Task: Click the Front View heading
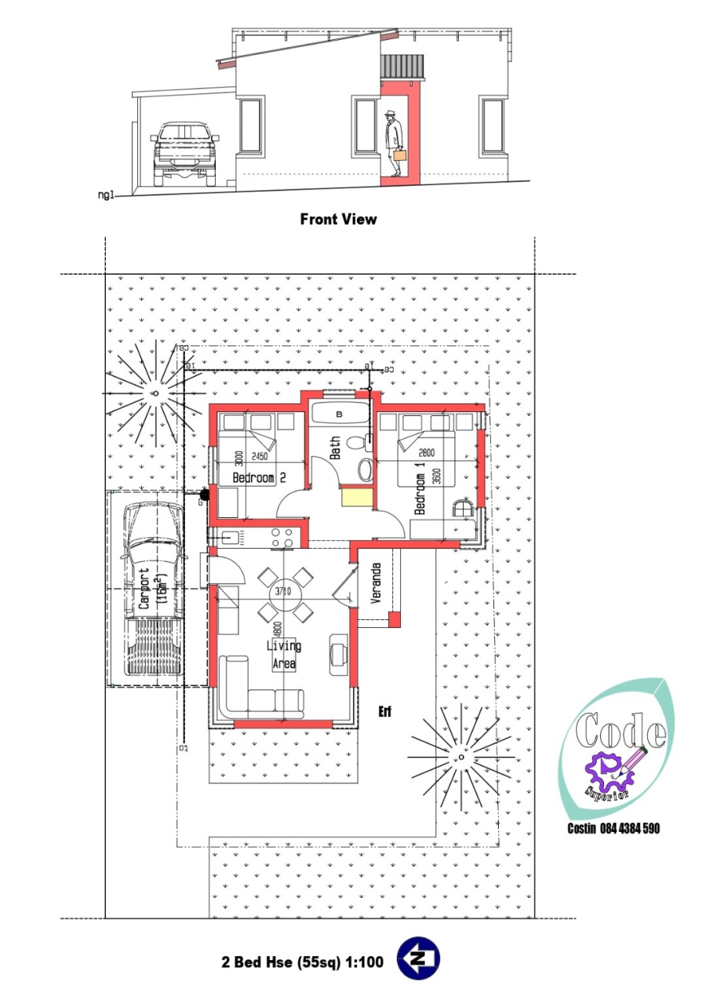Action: coord(338,219)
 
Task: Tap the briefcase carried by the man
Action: coord(399,155)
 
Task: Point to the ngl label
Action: coord(104,195)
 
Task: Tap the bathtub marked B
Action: coord(339,413)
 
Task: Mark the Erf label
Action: coord(384,712)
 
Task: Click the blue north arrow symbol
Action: coord(418,958)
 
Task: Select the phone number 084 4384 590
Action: coord(613,829)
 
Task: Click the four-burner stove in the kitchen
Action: coord(282,537)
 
